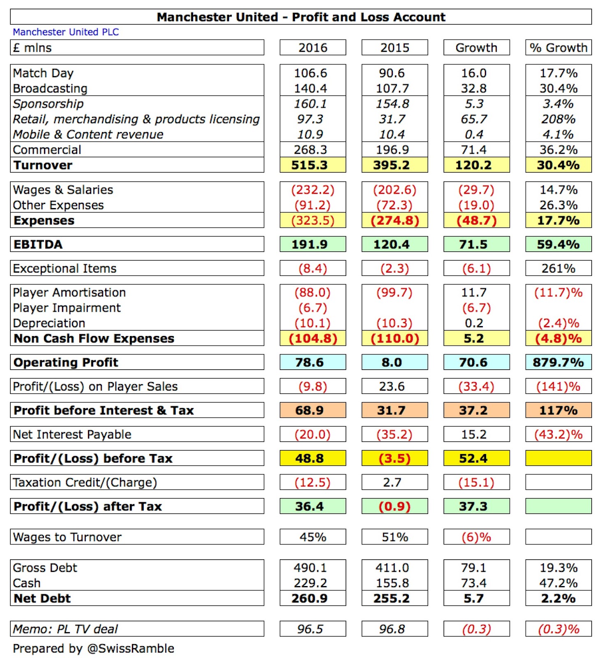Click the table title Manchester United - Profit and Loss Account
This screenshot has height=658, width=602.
(301, 17)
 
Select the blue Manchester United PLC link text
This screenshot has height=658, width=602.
(66, 32)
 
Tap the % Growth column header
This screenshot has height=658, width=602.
(558, 48)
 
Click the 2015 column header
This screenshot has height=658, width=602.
(394, 48)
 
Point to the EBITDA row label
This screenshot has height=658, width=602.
(38, 244)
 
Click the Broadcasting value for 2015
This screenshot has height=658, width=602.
(392, 88)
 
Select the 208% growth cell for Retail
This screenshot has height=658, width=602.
(558, 119)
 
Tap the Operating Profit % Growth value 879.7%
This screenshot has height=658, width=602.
(558, 362)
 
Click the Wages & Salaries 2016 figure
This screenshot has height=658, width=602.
(313, 190)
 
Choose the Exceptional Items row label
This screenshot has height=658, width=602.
(65, 269)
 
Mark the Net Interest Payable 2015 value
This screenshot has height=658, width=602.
(394, 434)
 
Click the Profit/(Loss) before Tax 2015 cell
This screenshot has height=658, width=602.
(394, 458)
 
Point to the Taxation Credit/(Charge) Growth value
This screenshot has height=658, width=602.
(476, 482)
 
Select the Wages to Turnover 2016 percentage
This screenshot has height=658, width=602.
(313, 537)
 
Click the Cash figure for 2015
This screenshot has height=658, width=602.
(392, 583)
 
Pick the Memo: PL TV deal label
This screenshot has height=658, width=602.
(65, 629)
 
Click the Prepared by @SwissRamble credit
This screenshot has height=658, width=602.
(94, 649)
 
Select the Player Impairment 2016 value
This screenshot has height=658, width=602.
(313, 308)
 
